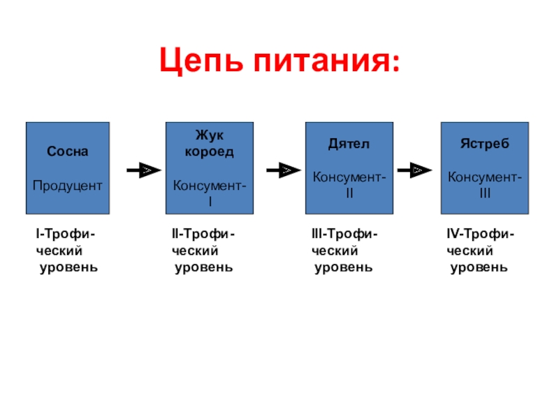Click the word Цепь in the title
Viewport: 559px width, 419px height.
tap(201, 61)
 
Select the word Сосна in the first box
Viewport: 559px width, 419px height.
tap(67, 152)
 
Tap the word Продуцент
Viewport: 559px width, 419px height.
tap(67, 186)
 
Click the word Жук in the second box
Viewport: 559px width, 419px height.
tap(210, 135)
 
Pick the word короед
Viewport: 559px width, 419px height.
tap(210, 152)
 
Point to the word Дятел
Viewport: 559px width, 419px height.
tap(349, 144)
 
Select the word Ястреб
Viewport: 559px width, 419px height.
tap(485, 144)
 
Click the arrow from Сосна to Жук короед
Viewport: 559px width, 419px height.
tap(144, 170)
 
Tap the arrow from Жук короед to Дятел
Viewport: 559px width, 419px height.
tap(284, 170)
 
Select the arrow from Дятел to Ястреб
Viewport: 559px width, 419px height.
tap(415, 170)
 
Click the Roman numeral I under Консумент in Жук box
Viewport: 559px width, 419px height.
tap(210, 202)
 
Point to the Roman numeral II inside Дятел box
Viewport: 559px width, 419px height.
tap(349, 193)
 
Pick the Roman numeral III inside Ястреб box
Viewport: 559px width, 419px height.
tap(485, 193)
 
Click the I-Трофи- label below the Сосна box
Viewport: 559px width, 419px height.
tap(66, 234)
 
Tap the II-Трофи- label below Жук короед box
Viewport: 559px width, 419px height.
tap(203, 234)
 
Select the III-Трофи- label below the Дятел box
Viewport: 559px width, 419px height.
tap(344, 234)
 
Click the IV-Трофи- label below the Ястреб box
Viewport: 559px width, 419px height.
tap(481, 234)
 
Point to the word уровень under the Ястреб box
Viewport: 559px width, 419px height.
tap(479, 267)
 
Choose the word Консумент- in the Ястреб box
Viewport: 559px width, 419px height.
tap(485, 177)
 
